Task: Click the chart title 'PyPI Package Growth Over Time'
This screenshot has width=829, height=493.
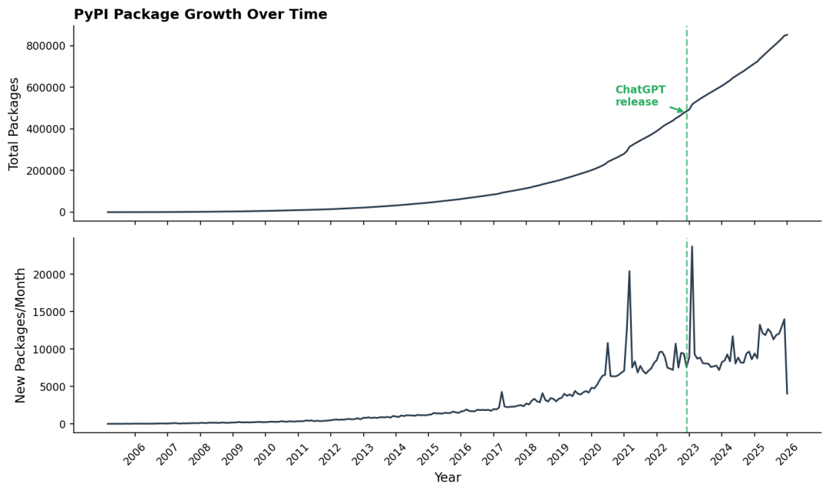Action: [x=200, y=15]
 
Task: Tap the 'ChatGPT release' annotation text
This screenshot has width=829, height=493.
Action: [x=640, y=96]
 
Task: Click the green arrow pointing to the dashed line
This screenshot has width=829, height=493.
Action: [x=677, y=110]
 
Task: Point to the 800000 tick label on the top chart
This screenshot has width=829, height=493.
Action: [x=45, y=46]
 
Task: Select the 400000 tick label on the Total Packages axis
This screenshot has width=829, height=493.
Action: [x=45, y=129]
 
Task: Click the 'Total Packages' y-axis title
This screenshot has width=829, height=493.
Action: [x=14, y=124]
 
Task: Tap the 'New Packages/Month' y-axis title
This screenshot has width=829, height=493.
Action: [x=20, y=336]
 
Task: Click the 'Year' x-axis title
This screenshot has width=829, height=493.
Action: [x=448, y=478]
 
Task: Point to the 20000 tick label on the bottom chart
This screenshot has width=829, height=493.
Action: [x=52, y=274]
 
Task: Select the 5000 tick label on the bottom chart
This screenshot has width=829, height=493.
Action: [x=54, y=386]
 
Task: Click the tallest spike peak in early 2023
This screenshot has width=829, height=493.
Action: [x=692, y=247]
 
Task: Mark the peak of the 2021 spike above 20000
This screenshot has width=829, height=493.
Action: [x=629, y=271]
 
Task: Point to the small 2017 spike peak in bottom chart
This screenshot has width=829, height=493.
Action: [x=502, y=392]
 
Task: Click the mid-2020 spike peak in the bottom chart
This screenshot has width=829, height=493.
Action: [x=607, y=343]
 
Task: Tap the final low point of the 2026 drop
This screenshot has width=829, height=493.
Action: [x=788, y=394]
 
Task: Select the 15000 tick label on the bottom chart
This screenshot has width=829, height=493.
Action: [x=52, y=312]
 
